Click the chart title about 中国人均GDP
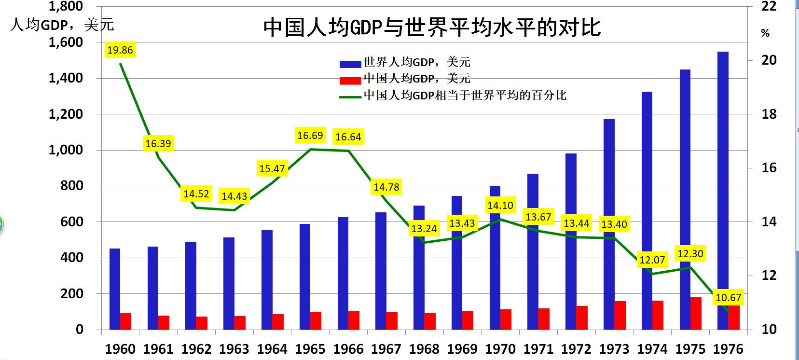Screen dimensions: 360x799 [432, 28]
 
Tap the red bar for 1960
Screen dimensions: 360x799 [125, 321]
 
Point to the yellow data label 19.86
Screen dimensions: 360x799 [120, 50]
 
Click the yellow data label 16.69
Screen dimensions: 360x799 [310, 136]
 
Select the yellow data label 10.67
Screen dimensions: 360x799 [728, 298]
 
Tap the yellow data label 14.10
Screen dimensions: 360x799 [500, 206]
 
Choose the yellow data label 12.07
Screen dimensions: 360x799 [652, 260]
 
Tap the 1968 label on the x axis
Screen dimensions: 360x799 [424, 348]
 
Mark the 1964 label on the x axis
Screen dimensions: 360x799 [272, 348]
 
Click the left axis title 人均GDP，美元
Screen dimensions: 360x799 [61, 25]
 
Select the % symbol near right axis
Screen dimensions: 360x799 [765, 33]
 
